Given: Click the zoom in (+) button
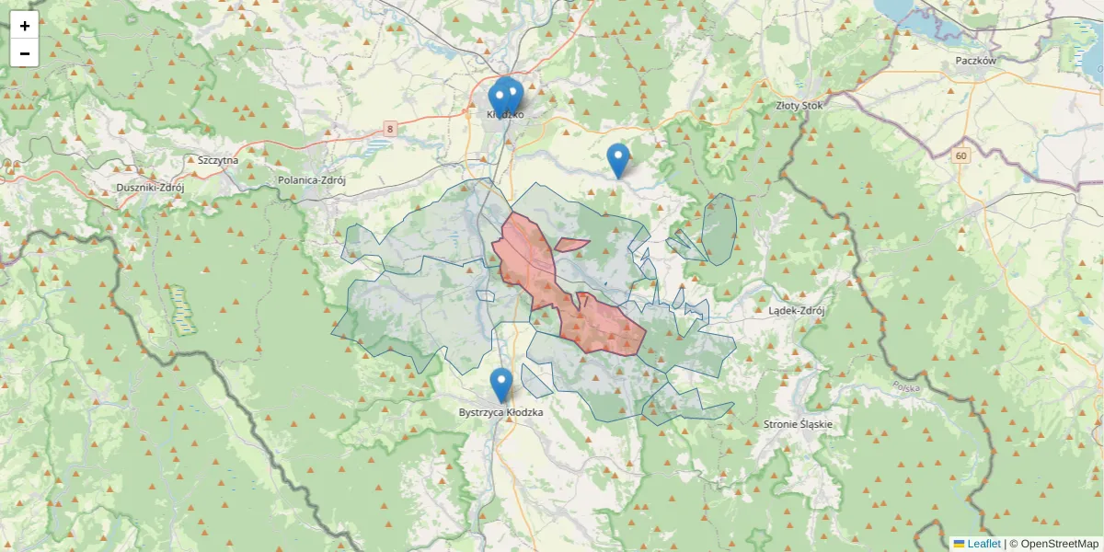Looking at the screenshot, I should [x=25, y=26].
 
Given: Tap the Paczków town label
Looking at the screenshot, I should [x=975, y=60].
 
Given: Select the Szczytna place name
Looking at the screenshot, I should [x=218, y=159].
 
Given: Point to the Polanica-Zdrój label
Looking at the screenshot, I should [x=311, y=180].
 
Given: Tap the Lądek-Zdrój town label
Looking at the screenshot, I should [x=797, y=310].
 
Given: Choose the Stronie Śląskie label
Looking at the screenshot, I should [x=798, y=424].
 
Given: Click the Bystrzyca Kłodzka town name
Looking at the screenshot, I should [x=500, y=412].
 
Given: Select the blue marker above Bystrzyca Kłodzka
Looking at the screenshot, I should [x=501, y=384].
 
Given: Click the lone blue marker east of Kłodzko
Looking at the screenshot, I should [x=619, y=158].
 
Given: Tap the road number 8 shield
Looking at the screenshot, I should [x=390, y=129].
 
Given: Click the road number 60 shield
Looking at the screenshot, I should [x=961, y=155].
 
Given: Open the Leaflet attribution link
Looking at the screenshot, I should [x=983, y=544].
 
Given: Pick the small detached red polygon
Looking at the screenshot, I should [x=570, y=245].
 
